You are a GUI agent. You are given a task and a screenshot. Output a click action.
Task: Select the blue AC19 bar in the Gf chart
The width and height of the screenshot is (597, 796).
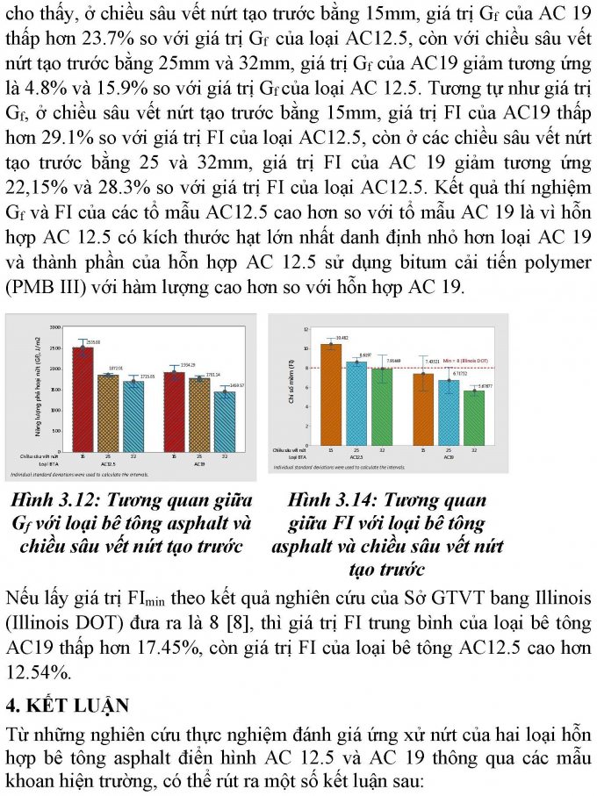pos(228,421)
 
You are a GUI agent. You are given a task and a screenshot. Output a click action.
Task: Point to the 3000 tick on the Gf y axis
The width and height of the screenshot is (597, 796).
pos(55,326)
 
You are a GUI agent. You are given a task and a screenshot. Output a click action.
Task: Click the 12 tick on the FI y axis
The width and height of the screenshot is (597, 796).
pos(306,329)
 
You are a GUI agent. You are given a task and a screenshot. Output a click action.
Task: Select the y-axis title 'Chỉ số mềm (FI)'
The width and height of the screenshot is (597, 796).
pos(291,386)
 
